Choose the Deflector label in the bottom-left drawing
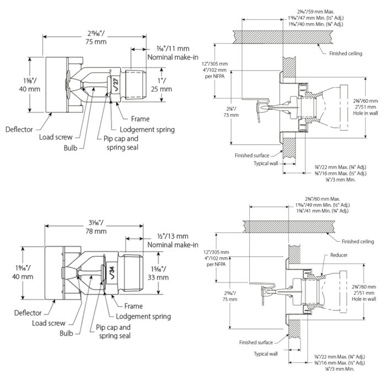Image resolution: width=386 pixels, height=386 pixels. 29,313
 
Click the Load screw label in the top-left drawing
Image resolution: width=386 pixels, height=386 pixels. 56,137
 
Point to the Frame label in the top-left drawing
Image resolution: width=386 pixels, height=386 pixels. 141,119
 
